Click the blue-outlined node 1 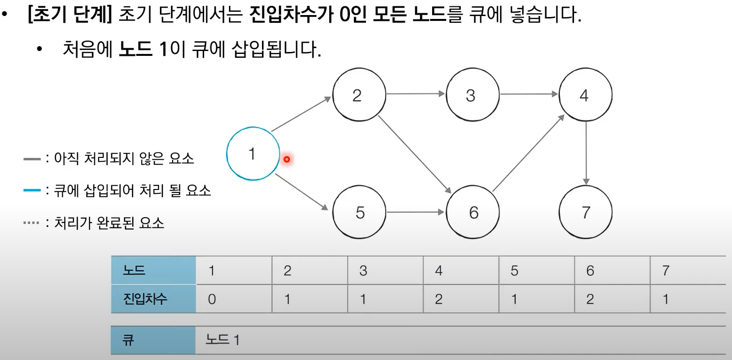(x=253, y=154)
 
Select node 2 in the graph (x=359, y=95)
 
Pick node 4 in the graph (x=586, y=95)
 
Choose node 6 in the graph (x=472, y=213)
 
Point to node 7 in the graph (x=586, y=213)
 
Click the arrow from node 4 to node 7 (x=587, y=154)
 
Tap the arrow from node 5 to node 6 (x=416, y=212)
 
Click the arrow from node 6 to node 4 (x=529, y=154)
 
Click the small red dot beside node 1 (x=287, y=159)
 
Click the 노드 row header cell (x=153, y=270)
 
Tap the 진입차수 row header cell (x=153, y=299)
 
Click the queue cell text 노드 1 (x=223, y=340)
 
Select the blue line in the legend (x=32, y=190)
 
